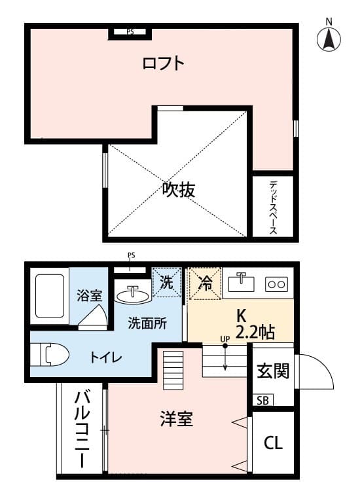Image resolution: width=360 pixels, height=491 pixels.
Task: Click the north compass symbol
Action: click(x=329, y=37)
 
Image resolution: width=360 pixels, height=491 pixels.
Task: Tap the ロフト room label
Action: click(x=164, y=64)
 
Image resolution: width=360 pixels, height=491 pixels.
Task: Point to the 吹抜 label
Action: click(x=179, y=189)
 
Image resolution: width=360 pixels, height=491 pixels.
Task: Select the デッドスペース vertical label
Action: click(x=274, y=208)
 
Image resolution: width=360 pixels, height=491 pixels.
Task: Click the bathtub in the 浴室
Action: click(x=50, y=296)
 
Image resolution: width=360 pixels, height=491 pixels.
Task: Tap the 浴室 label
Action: click(x=89, y=296)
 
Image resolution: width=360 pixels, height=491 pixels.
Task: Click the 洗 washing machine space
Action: click(x=166, y=282)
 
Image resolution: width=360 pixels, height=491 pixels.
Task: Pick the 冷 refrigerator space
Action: click(x=206, y=283)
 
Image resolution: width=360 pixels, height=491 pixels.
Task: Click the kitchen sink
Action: click(x=241, y=282)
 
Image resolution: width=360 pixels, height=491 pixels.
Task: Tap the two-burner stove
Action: click(x=276, y=285)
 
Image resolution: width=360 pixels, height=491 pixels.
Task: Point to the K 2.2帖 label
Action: click(x=255, y=325)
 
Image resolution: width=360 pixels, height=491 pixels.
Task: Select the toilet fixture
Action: click(x=50, y=355)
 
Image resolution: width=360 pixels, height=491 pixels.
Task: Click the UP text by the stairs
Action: click(x=225, y=339)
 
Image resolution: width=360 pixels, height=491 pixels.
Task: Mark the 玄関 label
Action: click(x=273, y=371)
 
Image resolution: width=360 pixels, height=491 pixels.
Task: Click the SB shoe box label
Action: click(x=262, y=401)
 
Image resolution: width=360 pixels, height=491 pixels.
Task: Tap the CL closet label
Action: click(x=273, y=443)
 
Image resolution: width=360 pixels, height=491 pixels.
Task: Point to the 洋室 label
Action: click(x=176, y=418)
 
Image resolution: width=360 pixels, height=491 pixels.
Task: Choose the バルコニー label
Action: click(x=82, y=429)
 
